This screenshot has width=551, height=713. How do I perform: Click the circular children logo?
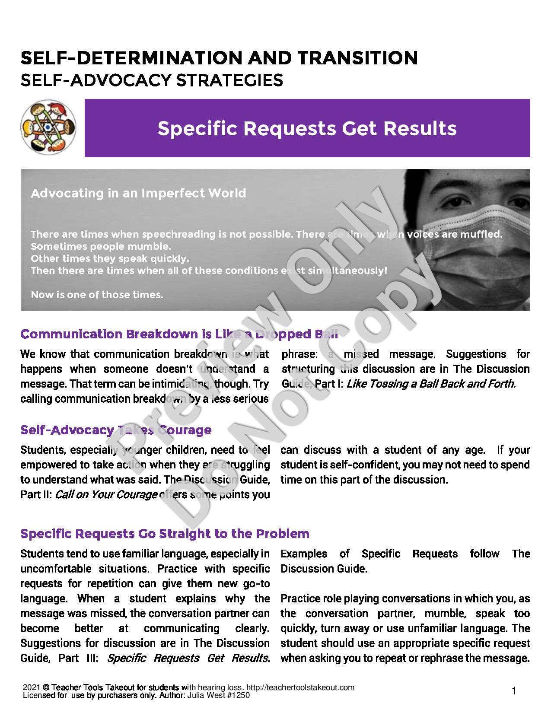[x=48, y=127]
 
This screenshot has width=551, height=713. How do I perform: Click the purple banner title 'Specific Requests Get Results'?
[x=307, y=128]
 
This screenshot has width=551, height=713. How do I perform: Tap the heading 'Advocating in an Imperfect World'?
[x=138, y=193]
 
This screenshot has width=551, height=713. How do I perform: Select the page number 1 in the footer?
[x=514, y=691]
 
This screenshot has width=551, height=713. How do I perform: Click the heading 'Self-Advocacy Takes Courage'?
[x=116, y=430]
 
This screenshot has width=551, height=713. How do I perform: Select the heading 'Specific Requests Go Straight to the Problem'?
[x=165, y=534]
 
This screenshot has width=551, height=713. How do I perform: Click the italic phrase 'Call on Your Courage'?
[x=106, y=494]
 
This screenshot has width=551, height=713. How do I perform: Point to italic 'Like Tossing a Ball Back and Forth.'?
[x=431, y=384]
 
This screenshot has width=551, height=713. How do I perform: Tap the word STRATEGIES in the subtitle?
[x=231, y=80]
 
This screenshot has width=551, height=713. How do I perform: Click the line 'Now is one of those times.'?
[x=97, y=295]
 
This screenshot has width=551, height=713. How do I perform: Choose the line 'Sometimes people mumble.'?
[x=101, y=246]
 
